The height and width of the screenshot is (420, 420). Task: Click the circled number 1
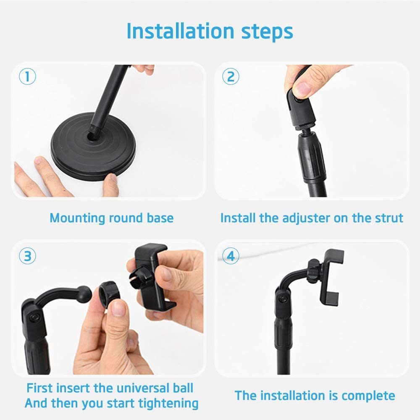(x=27, y=76)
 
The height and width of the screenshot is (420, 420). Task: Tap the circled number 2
(x=231, y=76)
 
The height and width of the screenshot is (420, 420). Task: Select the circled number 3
(x=27, y=256)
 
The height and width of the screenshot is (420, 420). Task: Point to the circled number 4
(x=231, y=256)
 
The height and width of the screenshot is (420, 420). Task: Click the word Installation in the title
(x=181, y=31)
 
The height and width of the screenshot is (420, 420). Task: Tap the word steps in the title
(x=267, y=33)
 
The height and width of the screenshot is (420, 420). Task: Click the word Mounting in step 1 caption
(x=77, y=218)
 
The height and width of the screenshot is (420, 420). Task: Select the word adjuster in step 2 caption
(x=306, y=218)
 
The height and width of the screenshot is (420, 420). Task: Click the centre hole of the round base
(x=93, y=136)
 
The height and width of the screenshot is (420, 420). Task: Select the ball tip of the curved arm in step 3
(x=84, y=294)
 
